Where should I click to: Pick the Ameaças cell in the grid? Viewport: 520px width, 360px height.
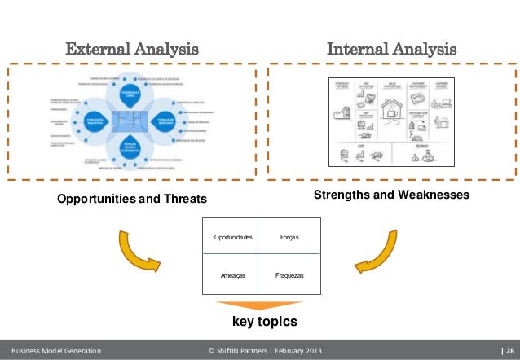coord(233,276)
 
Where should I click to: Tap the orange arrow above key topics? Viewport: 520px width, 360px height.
coord(259,305)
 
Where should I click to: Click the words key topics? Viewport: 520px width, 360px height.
coord(259,322)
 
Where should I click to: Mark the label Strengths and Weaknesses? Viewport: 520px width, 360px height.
coord(391,195)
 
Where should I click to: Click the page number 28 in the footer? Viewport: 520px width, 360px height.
coord(507,351)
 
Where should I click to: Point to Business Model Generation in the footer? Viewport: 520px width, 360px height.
coord(54,351)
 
